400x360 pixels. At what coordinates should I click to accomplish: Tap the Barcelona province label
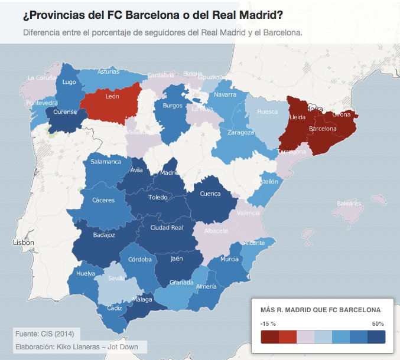[x=323, y=128]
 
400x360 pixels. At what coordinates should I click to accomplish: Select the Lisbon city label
[x=24, y=243]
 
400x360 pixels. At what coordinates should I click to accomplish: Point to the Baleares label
[x=348, y=203]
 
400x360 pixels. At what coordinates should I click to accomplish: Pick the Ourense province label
[x=65, y=112]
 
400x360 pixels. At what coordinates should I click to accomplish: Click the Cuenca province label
[x=210, y=194]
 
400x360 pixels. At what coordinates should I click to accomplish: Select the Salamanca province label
[x=106, y=162]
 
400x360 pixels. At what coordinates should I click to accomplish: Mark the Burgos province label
[x=173, y=106]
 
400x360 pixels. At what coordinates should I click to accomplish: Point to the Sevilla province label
[x=116, y=279]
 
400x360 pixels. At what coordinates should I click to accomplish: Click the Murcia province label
[x=229, y=259]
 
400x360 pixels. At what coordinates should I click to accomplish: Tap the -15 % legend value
[x=268, y=324]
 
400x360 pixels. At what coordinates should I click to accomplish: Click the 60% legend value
[x=378, y=324]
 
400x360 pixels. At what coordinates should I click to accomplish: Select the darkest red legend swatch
[x=269, y=336]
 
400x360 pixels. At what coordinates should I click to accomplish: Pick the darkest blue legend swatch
[x=376, y=336]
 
